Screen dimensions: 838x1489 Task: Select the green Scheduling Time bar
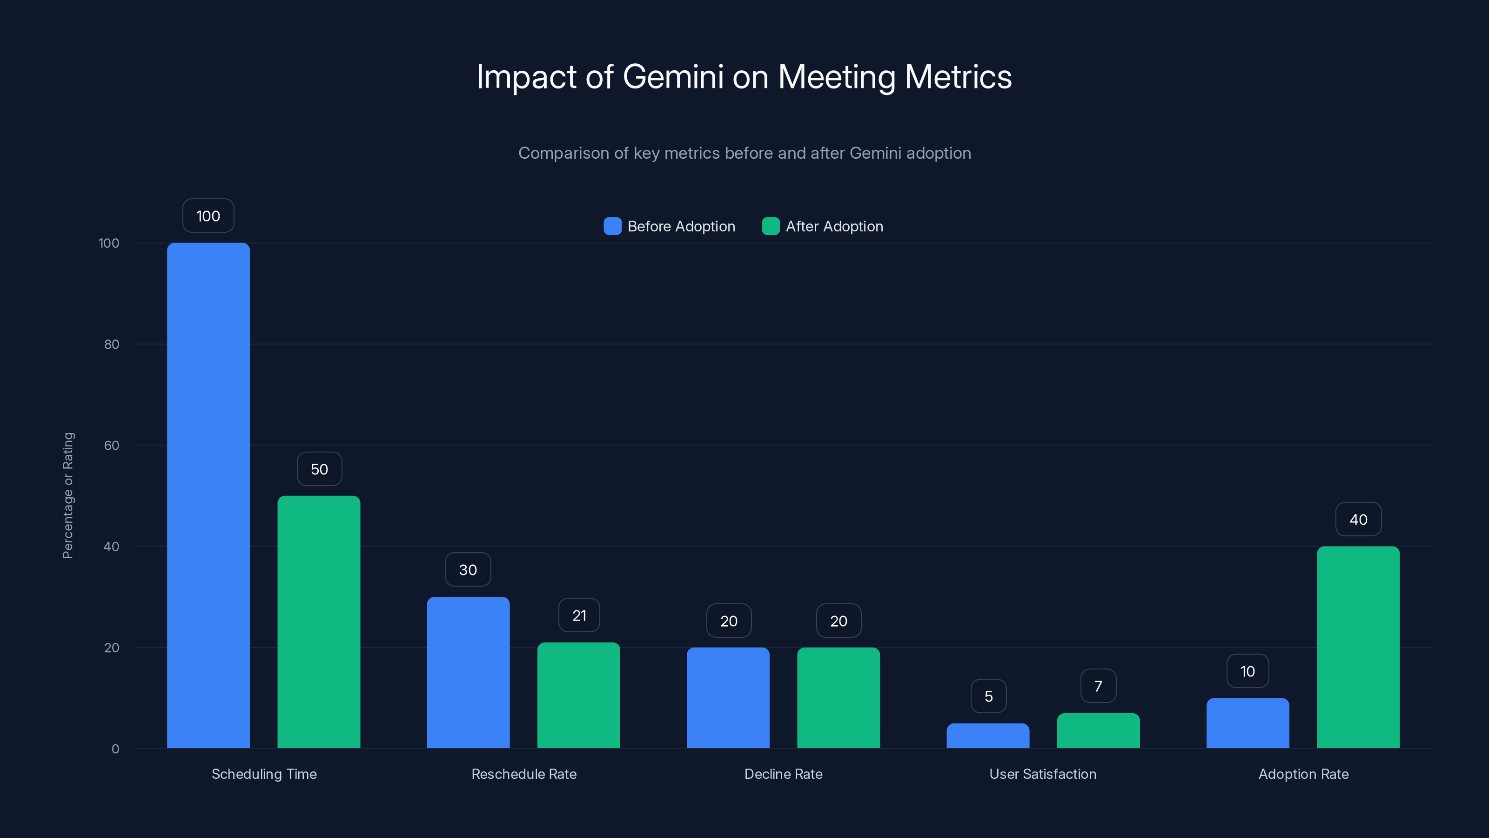point(318,622)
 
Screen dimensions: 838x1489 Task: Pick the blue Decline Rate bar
point(728,697)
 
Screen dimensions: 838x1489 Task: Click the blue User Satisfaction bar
point(988,736)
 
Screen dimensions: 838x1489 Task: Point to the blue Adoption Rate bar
point(1248,723)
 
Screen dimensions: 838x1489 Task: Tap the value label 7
point(1098,686)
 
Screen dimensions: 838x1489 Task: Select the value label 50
point(319,469)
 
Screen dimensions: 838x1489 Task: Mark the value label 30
point(468,570)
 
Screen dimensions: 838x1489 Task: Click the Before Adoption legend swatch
point(612,226)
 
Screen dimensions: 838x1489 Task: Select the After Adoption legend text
point(834,226)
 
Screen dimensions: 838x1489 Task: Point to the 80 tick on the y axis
point(112,344)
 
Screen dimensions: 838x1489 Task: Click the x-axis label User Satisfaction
point(1043,774)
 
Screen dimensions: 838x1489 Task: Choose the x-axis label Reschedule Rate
point(523,774)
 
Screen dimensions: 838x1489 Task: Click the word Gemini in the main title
point(673,76)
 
